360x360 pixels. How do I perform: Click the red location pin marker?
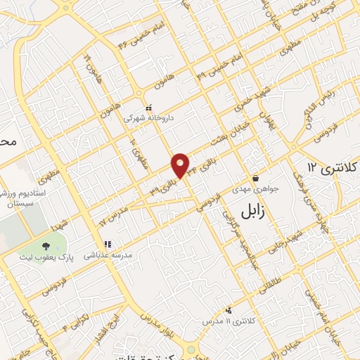(x=181, y=165)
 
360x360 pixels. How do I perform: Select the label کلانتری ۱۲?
(x=333, y=167)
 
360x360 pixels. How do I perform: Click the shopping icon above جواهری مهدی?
(x=255, y=177)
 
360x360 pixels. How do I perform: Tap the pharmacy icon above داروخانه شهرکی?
(x=148, y=108)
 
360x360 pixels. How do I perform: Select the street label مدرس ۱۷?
(x=112, y=217)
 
